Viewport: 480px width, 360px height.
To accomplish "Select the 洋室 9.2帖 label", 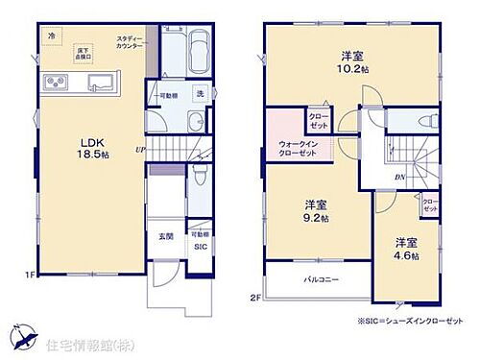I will tap(316, 211).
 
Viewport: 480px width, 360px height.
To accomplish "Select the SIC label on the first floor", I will tap(199, 248).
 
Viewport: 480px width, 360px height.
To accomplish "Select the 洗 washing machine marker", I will tap(200, 93).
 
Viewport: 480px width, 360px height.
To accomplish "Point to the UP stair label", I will tap(140, 150).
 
